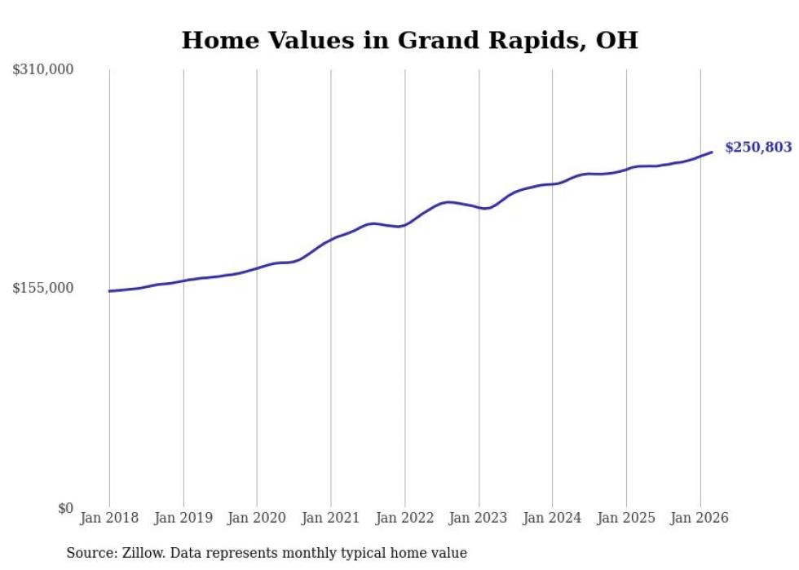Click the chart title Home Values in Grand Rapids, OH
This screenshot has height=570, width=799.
pos(409,40)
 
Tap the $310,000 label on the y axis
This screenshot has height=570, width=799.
pos(43,70)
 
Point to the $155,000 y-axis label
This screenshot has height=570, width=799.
pos(43,288)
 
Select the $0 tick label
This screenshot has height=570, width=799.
pos(65,508)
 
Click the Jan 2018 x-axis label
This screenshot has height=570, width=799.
pos(109,518)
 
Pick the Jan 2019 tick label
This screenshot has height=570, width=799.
pos(183,518)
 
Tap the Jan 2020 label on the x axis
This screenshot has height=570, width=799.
pos(257,518)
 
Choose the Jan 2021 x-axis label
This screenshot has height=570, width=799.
pos(331,518)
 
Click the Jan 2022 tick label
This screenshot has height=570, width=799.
pos(405,518)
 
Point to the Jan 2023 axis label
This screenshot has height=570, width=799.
pos(479,518)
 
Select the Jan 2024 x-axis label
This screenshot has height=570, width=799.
pos(553,518)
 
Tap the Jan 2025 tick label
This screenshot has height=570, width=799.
pos(626,518)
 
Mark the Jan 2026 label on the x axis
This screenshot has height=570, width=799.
pos(700,518)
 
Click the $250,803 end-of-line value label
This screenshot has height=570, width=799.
pos(758,148)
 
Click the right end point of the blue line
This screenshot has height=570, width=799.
pos(712,152)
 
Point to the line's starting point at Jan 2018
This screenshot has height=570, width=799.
pos(109,291)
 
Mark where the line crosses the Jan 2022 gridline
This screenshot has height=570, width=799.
pos(405,224)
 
